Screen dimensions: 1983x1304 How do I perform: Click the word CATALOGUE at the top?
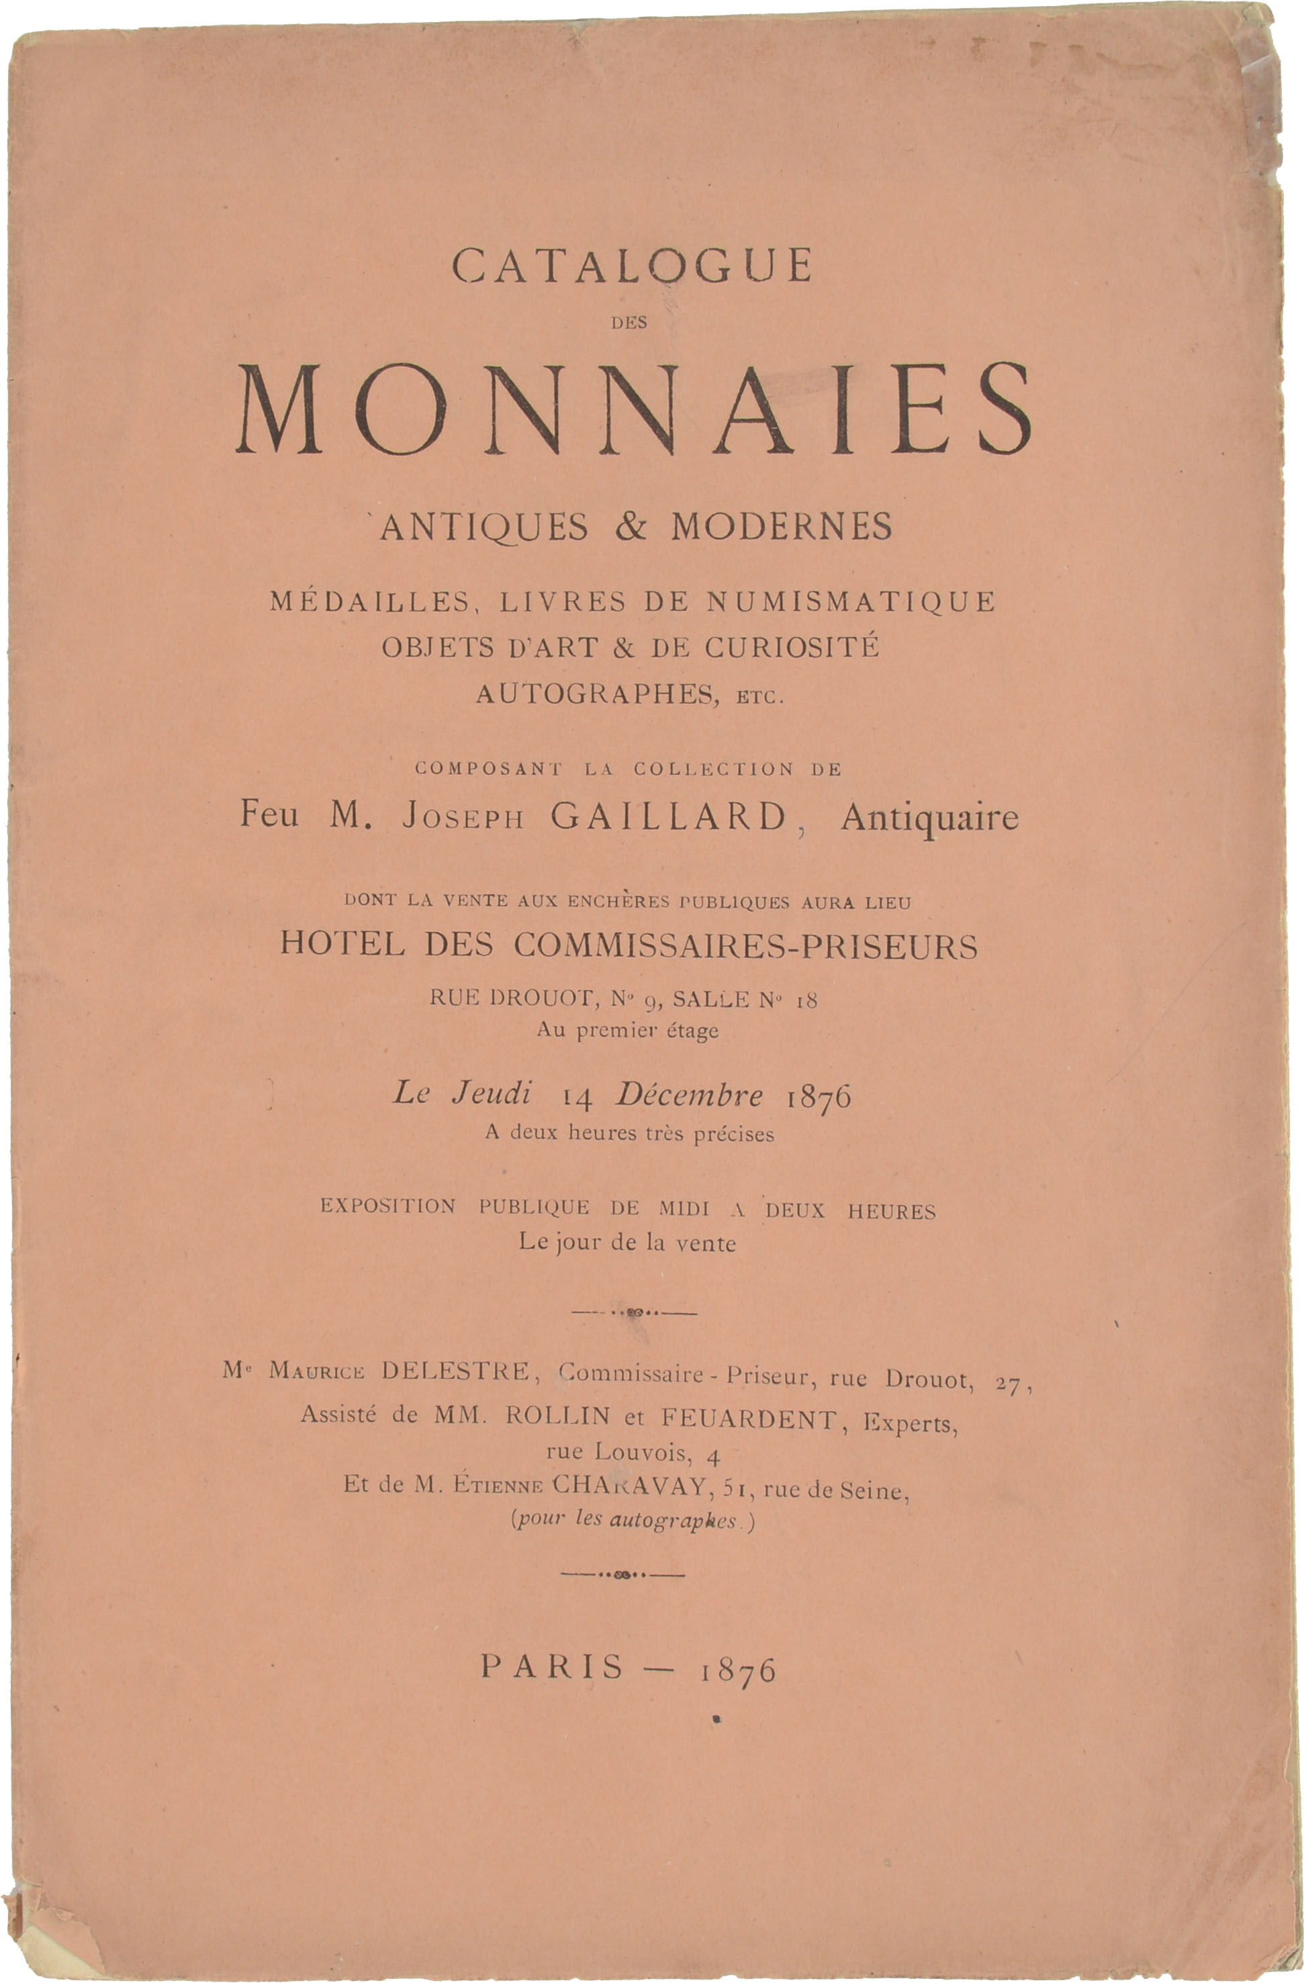coord(632,266)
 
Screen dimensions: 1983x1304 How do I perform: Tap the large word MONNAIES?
coord(633,411)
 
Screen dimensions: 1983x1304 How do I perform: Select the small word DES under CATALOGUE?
coord(629,324)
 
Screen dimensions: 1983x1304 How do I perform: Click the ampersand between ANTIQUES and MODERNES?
coord(631,526)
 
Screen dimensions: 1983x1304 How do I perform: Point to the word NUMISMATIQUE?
coord(851,601)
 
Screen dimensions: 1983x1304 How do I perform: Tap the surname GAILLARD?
coord(669,816)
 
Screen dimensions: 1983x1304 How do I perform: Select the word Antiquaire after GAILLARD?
coord(929,818)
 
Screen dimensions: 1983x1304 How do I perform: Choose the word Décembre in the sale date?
coord(689,1095)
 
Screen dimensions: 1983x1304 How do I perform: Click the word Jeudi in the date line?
coord(491,1093)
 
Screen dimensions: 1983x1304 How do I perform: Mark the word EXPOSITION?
coord(388,1206)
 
